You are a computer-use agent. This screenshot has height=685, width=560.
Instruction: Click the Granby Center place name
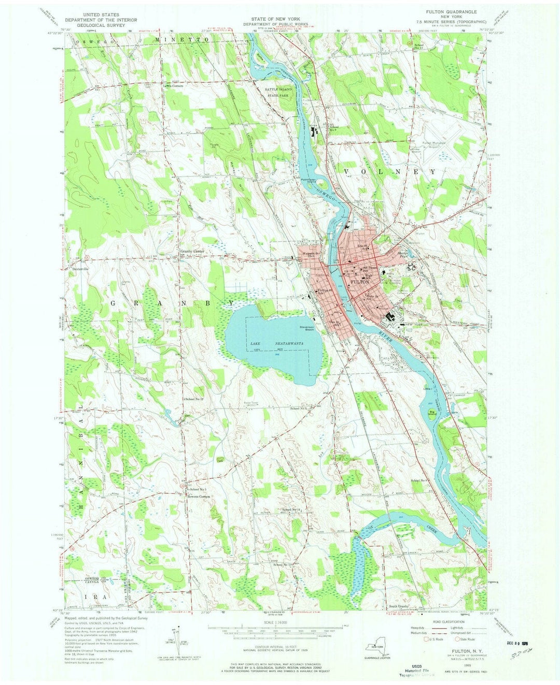coord(193,251)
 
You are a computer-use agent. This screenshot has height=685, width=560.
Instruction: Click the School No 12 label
coord(183,399)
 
